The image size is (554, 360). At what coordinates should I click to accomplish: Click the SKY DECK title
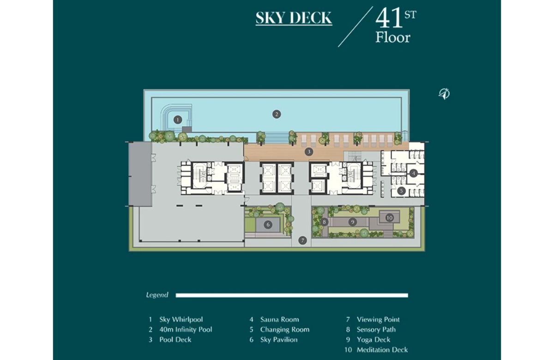(294, 18)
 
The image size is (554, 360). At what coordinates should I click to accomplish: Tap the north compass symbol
(444, 94)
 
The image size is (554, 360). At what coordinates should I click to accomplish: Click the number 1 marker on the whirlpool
(178, 120)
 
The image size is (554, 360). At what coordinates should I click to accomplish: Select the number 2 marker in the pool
(277, 114)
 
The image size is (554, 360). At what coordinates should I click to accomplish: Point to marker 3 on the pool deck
(309, 151)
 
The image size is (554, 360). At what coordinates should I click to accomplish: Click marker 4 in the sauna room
(414, 174)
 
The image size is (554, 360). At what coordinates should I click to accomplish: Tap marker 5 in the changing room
(401, 191)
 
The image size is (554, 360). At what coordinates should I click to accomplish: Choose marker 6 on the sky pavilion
(268, 225)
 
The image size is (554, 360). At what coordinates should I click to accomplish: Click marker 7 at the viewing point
(302, 240)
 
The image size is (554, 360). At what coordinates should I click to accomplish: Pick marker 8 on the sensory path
(324, 222)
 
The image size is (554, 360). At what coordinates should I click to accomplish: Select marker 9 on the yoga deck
(353, 222)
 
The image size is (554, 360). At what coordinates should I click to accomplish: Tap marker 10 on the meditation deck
(390, 218)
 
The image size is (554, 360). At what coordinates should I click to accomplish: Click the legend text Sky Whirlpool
(181, 319)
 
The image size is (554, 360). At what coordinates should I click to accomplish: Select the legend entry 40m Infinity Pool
(186, 330)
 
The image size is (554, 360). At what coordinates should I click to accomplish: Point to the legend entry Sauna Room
(279, 319)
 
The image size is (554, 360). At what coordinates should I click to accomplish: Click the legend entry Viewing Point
(378, 319)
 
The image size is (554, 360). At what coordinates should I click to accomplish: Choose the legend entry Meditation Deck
(382, 350)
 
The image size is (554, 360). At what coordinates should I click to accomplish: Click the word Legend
(157, 295)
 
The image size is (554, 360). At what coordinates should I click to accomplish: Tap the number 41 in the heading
(389, 18)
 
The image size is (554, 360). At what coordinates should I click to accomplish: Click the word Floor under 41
(393, 37)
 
